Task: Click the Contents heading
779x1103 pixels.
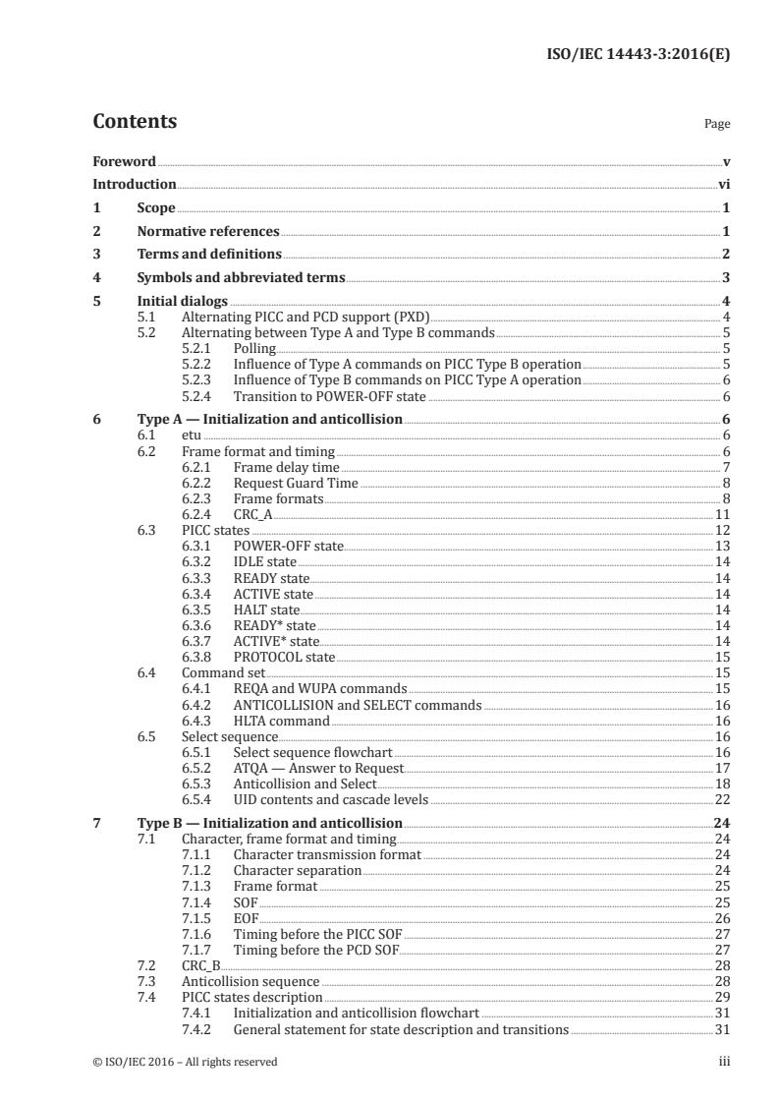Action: [135, 122]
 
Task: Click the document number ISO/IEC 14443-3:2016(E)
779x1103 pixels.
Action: [638, 55]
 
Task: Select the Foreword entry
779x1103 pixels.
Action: [124, 161]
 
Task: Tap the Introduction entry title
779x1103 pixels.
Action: [134, 184]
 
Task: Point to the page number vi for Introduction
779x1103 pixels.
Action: [724, 184]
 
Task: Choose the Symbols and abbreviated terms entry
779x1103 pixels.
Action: [241, 277]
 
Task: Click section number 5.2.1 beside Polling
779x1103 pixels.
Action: [200, 348]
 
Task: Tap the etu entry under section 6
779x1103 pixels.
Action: [193, 435]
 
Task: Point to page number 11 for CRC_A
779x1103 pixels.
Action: [721, 514]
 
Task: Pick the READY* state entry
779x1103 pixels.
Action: [274, 625]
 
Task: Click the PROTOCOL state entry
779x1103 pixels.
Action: [284, 657]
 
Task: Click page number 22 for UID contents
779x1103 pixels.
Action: [721, 799]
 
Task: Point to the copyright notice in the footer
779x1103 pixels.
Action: [185, 1061]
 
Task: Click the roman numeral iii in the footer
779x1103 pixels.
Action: [724, 1061]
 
